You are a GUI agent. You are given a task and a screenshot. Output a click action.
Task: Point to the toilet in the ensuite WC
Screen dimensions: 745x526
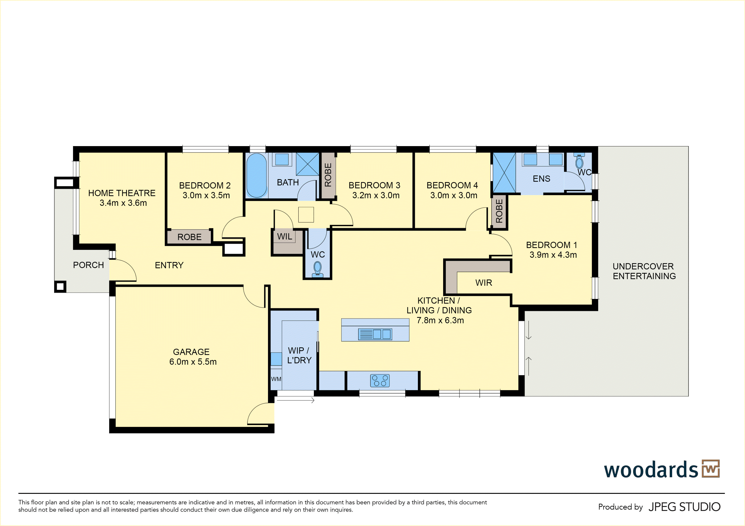pos(579,161)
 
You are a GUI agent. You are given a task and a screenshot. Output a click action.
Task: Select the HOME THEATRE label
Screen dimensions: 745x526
pos(122,193)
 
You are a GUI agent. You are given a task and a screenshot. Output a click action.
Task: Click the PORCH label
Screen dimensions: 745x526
pos(88,265)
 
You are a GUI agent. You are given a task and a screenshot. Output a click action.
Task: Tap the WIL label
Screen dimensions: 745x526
pos(285,237)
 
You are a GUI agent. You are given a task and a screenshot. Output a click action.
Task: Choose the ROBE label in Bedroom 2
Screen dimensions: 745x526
pos(189,237)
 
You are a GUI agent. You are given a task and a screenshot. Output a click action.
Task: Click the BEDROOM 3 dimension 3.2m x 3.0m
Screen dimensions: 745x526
pos(376,195)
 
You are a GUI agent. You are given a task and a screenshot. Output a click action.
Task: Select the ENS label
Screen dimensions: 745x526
pos(541,179)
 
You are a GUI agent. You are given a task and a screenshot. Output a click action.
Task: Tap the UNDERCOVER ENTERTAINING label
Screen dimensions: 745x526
pos(644,271)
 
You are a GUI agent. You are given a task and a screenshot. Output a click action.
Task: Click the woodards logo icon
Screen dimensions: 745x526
pos(711,469)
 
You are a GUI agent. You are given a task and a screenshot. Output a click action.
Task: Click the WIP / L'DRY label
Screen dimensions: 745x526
pos(299,355)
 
